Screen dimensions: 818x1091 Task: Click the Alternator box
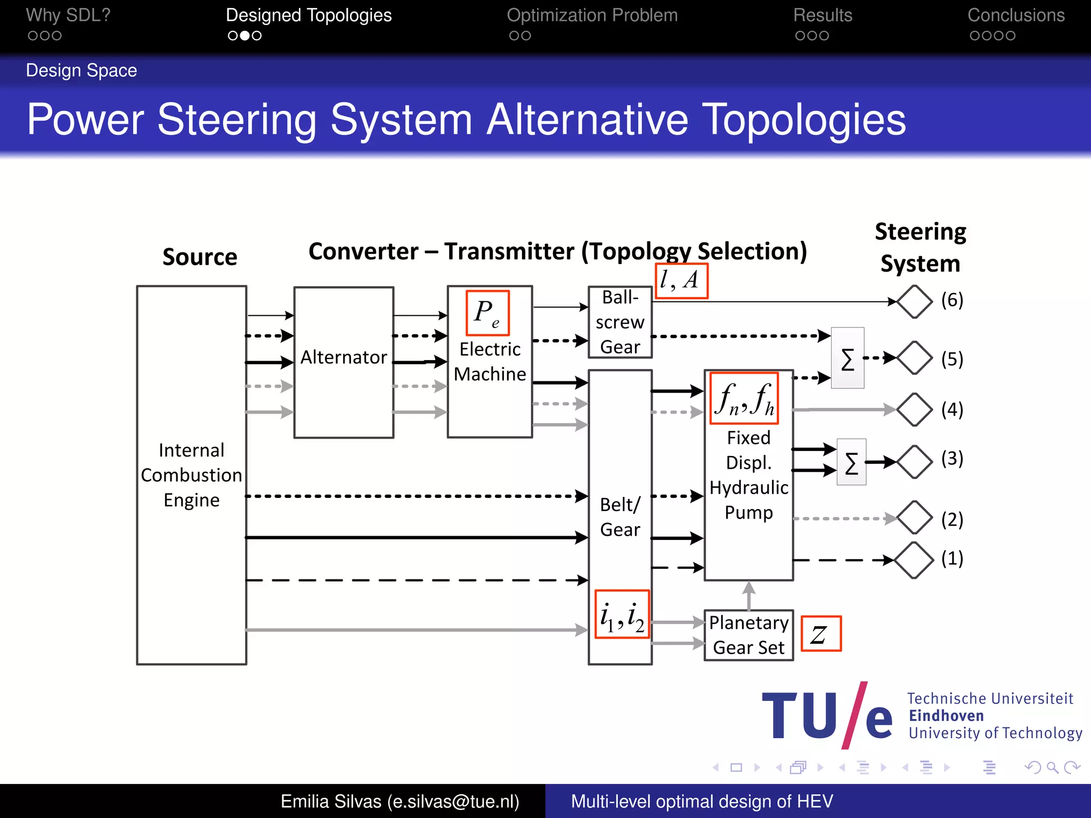pos(344,362)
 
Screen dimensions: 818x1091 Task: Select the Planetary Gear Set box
pos(748,635)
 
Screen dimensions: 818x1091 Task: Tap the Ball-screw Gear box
pos(620,322)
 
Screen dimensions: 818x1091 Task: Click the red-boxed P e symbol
pos(487,313)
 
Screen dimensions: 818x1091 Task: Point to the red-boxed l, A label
pos(681,280)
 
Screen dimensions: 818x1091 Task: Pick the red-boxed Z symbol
pos(821,634)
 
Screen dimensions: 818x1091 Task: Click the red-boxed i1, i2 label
pos(622,614)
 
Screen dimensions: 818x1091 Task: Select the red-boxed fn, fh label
pos(744,398)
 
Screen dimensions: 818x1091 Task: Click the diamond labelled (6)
pos(915,301)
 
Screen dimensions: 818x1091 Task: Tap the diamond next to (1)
pos(914,560)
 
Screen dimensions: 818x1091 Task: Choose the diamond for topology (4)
pos(915,410)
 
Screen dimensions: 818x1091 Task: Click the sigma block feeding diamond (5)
pos(848,358)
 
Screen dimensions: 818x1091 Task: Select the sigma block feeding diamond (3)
pos(851,462)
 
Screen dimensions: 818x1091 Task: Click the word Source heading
pos(200,257)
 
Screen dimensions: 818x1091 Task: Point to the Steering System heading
pos(920,248)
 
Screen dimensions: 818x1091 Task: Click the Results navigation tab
pos(823,15)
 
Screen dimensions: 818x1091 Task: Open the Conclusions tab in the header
pos(1016,15)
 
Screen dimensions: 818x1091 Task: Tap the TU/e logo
pos(827,715)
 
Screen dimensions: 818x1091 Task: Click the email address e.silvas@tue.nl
pos(453,801)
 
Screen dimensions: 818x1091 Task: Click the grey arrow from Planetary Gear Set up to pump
pos(749,595)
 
